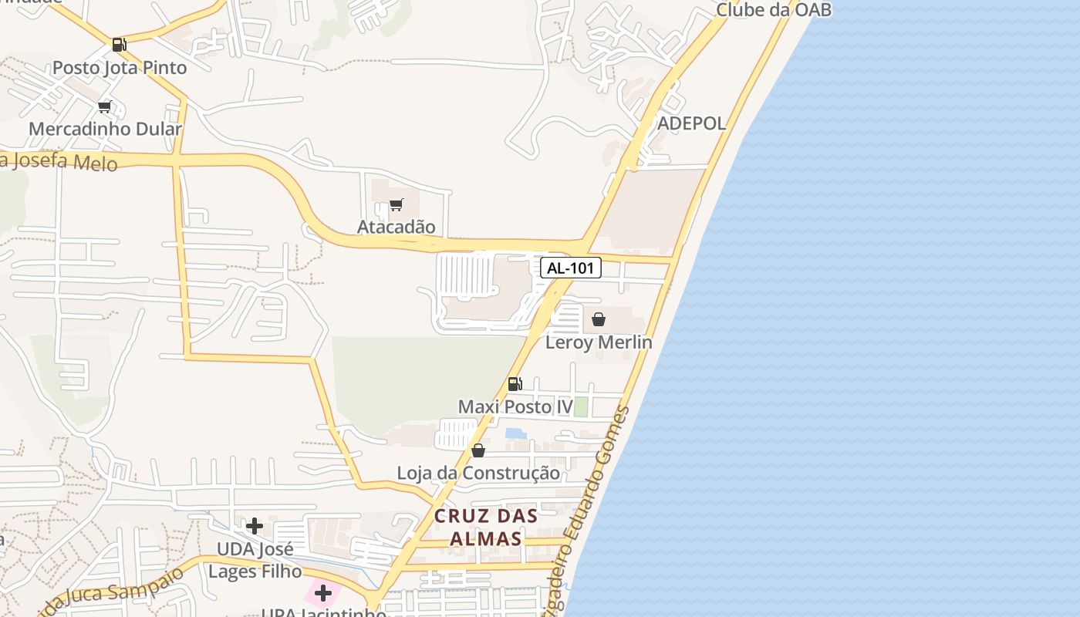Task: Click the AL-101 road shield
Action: pyautogui.click(x=571, y=268)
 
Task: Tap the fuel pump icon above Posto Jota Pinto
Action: pyautogui.click(x=119, y=45)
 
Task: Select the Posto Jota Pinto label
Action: pyautogui.click(x=120, y=68)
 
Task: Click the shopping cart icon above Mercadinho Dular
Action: pyautogui.click(x=105, y=106)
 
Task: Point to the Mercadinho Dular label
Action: pyautogui.click(x=106, y=129)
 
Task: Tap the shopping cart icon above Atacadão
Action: pyautogui.click(x=397, y=204)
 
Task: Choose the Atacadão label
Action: pyautogui.click(x=396, y=227)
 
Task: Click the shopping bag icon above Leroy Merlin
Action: pyautogui.click(x=599, y=319)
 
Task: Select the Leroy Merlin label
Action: pyautogui.click(x=599, y=342)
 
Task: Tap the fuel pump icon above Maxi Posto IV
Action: pyautogui.click(x=515, y=384)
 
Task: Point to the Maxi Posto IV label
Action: pyautogui.click(x=515, y=406)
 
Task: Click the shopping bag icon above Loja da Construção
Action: pyautogui.click(x=478, y=450)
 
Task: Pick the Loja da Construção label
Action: pyautogui.click(x=478, y=473)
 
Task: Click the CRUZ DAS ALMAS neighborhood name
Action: pyautogui.click(x=485, y=528)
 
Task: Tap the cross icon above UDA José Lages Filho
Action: pyautogui.click(x=255, y=526)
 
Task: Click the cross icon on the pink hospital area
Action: pyautogui.click(x=323, y=593)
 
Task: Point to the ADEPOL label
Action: pyautogui.click(x=691, y=123)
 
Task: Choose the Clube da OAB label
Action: pyautogui.click(x=774, y=10)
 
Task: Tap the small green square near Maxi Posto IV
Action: pyautogui.click(x=581, y=406)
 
